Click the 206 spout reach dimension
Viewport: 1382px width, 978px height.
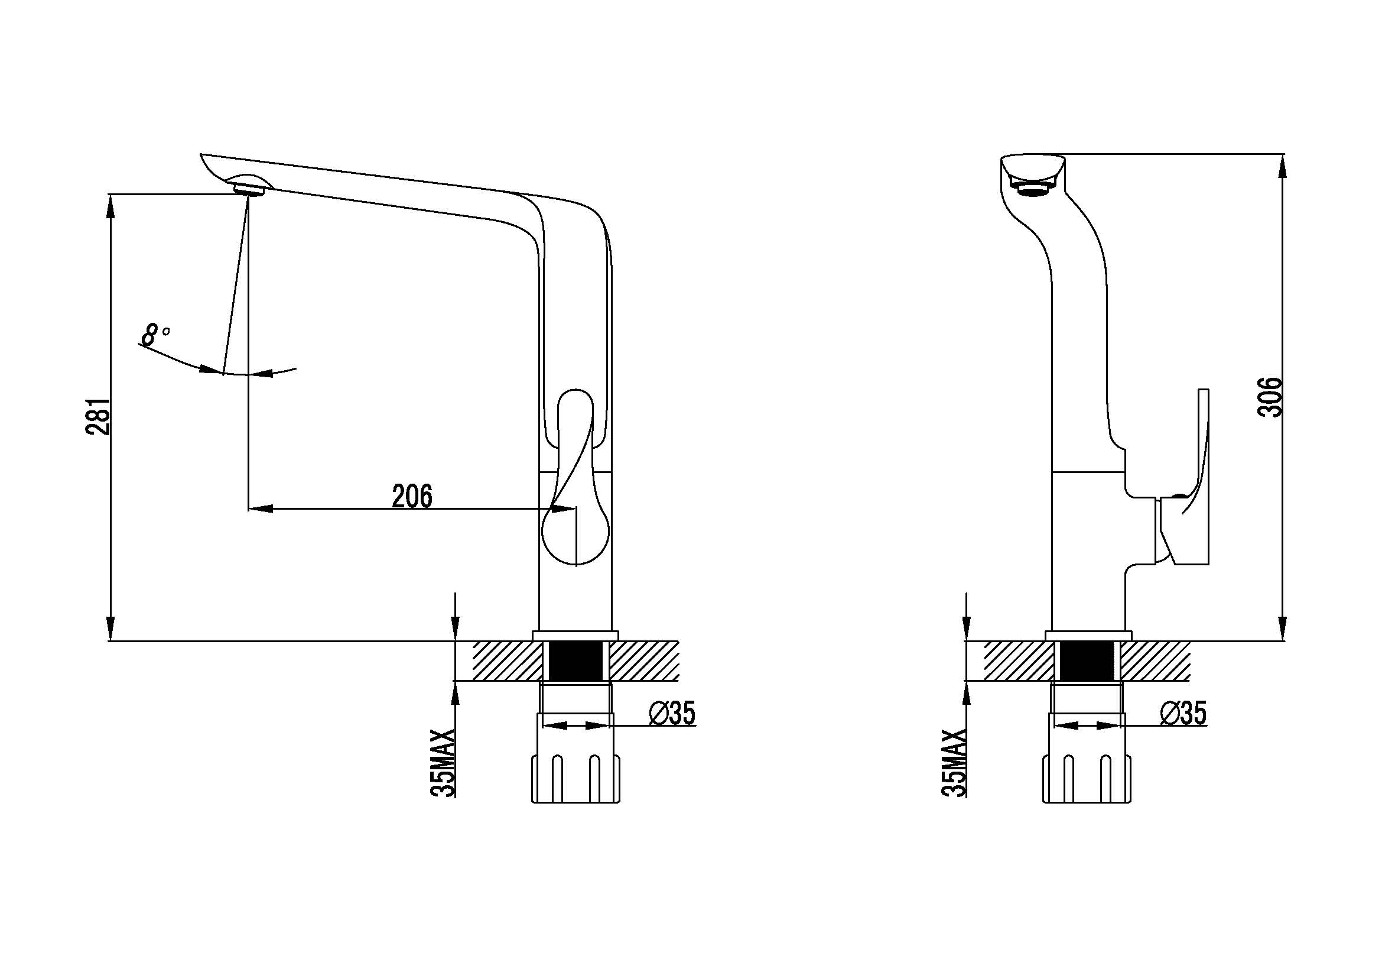pyautogui.click(x=412, y=496)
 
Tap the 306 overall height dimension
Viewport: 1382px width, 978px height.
pyautogui.click(x=1270, y=397)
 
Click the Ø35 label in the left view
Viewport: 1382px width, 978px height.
pyautogui.click(x=672, y=713)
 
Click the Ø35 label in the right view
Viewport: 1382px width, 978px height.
pyautogui.click(x=1183, y=713)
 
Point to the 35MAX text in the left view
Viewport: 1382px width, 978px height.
pyautogui.click(x=443, y=763)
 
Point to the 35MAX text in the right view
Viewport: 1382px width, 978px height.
pyautogui.click(x=954, y=763)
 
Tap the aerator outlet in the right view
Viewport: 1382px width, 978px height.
pyautogui.click(x=1033, y=190)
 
